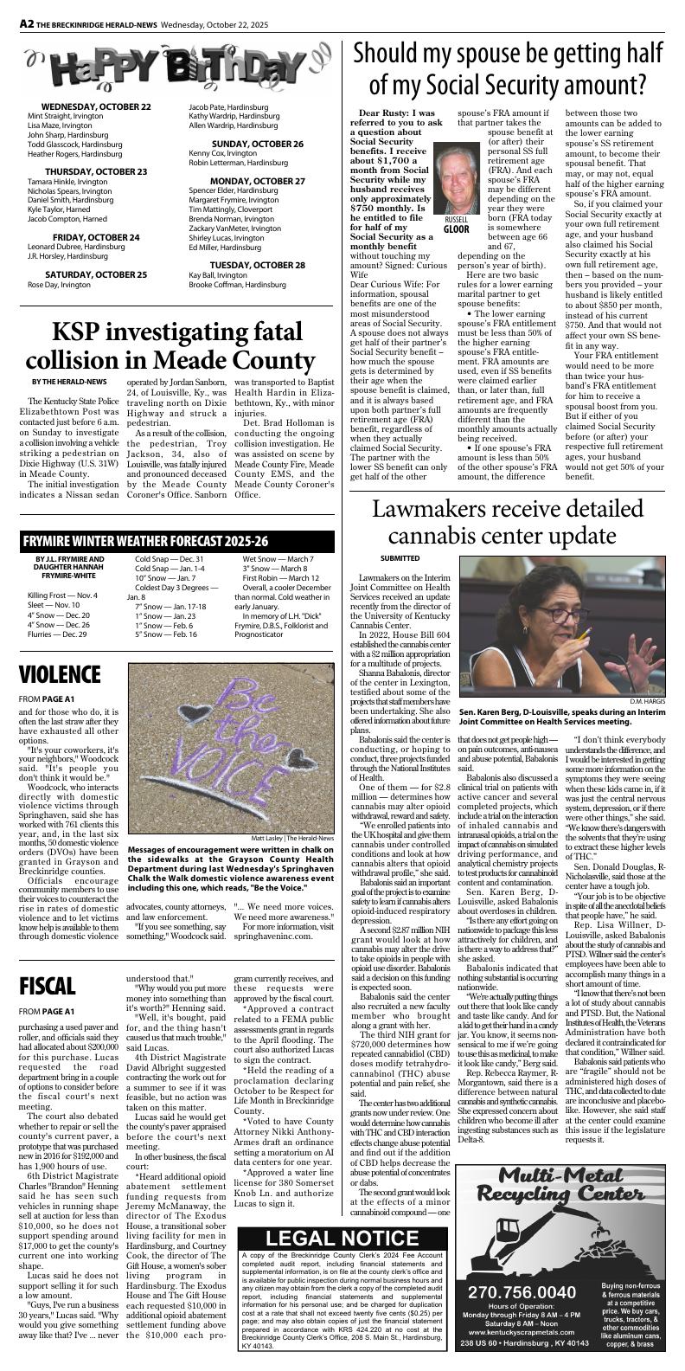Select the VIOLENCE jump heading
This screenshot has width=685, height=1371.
[x=60, y=674]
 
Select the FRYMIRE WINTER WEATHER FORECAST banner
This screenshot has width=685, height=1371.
[x=145, y=541]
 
